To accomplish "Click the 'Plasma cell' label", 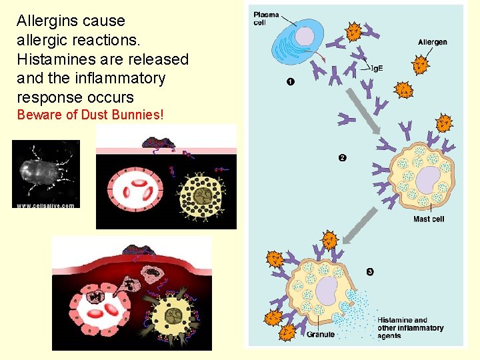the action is click(x=266, y=18).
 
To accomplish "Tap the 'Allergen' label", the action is click(x=432, y=43).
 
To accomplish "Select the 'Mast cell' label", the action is click(x=429, y=219).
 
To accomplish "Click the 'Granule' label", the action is click(x=320, y=334).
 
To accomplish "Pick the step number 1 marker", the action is click(x=291, y=81).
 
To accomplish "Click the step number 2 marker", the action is click(x=342, y=158).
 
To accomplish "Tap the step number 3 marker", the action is click(x=370, y=271).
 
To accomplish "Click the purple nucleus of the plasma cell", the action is click(x=304, y=37).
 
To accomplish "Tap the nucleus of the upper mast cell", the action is click(x=427, y=179).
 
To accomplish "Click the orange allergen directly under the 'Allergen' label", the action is click(x=420, y=65).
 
